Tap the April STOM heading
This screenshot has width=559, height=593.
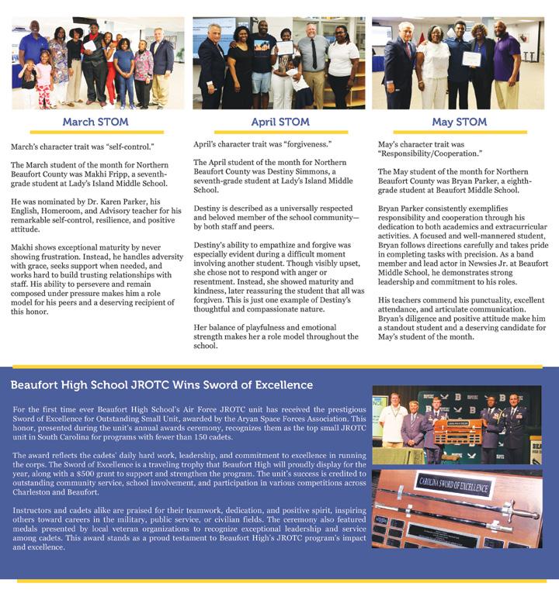(279, 122)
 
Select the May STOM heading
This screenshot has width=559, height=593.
(460, 122)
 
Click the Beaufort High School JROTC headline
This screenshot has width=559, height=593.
(162, 385)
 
